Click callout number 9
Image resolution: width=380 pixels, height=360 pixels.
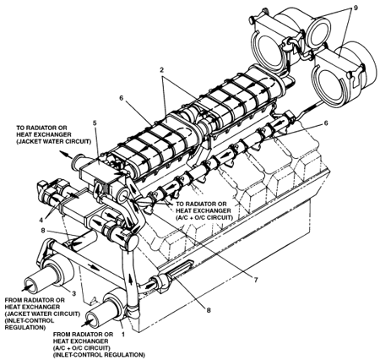click(356, 8)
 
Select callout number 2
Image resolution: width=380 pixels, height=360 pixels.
click(162, 70)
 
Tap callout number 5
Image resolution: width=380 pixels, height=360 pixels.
click(95, 123)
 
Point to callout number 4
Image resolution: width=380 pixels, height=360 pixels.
click(41, 218)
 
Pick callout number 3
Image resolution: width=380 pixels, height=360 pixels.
click(74, 293)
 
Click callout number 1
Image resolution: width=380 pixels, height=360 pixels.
click(122, 334)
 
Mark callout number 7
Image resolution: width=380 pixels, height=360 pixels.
click(256, 280)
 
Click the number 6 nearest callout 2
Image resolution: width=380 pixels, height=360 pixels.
click(122, 98)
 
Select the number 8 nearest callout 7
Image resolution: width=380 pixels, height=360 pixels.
click(209, 310)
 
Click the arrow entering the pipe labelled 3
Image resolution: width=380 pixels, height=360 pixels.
click(27, 287)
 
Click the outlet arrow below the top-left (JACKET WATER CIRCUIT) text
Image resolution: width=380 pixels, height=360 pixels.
click(66, 155)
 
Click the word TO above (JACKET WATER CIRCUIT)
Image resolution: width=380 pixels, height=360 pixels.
click(21, 128)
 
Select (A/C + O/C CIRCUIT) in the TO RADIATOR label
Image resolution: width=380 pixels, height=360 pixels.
click(204, 217)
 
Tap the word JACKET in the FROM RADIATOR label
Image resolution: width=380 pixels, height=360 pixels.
click(17, 314)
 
